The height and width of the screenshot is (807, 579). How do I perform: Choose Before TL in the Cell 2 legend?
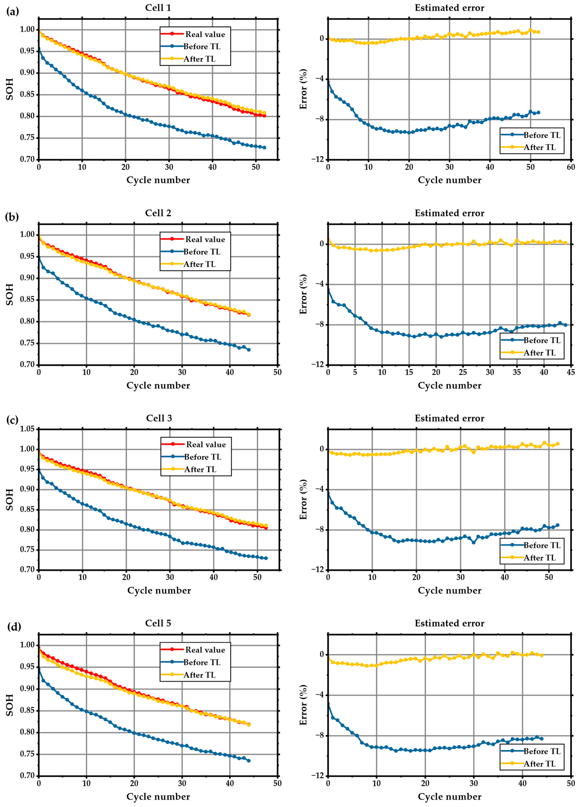coord(202,252)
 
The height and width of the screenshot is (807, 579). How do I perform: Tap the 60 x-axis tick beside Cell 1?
coord(570,167)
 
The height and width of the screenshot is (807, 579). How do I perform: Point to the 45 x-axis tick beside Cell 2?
coord(570,372)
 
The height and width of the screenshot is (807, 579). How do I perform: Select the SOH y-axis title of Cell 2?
coord(10,294)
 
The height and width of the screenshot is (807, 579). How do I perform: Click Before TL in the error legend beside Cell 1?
coord(542,135)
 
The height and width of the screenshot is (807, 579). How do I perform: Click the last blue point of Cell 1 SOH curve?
coord(264,147)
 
